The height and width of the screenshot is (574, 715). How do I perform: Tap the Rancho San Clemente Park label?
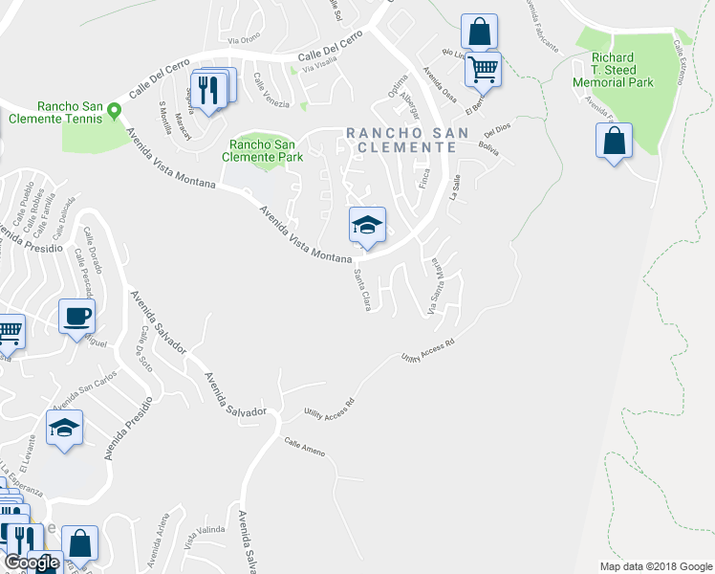click(262, 150)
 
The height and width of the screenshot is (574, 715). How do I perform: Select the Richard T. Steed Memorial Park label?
click(621, 70)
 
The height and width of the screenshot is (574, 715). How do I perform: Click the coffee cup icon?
click(76, 315)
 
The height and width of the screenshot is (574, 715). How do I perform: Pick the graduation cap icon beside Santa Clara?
click(367, 225)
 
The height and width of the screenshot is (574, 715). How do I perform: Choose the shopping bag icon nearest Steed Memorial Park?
click(614, 142)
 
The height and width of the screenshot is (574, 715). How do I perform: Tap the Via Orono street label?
click(244, 39)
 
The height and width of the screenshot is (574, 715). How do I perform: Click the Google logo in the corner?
click(32, 563)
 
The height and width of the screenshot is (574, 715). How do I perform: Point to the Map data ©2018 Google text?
click(655, 565)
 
